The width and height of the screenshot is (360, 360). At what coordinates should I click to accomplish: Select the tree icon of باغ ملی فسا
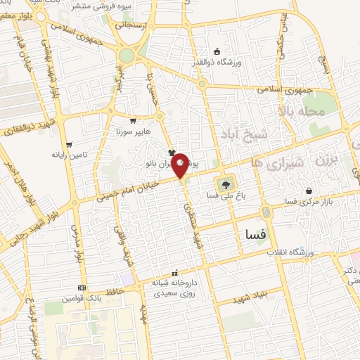pyautogui.click(x=226, y=186)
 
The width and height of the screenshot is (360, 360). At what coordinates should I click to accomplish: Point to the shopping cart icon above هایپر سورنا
pyautogui.click(x=134, y=120)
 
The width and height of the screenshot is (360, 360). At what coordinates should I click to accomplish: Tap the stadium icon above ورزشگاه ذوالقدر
pyautogui.click(x=217, y=51)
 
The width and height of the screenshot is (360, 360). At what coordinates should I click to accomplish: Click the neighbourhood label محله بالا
pyautogui.click(x=303, y=111)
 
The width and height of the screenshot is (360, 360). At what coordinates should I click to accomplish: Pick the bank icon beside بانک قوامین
pyautogui.click(x=83, y=288)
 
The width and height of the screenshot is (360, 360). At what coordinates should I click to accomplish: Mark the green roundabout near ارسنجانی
pyautogui.click(x=127, y=56)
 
